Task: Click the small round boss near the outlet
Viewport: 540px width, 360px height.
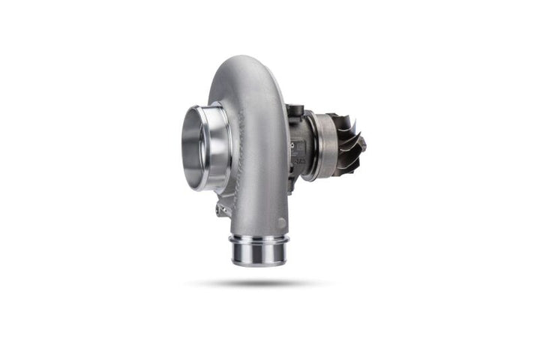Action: tap(281, 223)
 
